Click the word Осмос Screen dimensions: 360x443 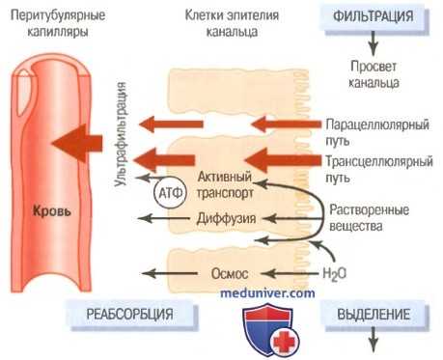[229, 273]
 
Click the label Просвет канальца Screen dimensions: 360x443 [373, 76]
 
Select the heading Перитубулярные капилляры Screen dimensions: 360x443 [46, 24]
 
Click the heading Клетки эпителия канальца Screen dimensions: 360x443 [221, 24]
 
